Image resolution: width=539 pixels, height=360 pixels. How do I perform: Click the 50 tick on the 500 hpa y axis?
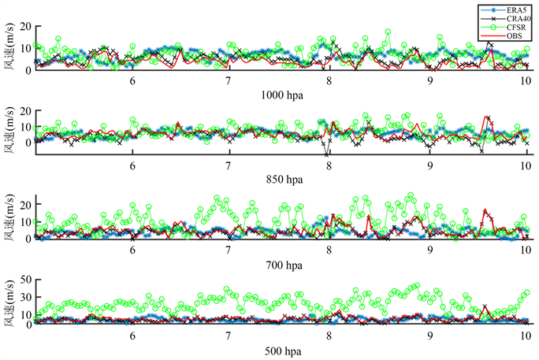24,279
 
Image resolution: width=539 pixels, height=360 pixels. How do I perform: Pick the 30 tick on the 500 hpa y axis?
24,296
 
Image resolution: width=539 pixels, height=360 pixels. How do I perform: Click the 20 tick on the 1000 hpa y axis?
24,26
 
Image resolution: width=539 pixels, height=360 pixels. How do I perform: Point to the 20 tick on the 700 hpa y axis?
24,204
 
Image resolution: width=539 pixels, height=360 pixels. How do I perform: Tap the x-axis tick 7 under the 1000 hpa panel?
229,80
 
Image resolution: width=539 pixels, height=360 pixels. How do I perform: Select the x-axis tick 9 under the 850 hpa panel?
430,165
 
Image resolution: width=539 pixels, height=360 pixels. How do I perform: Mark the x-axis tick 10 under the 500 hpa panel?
526,334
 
